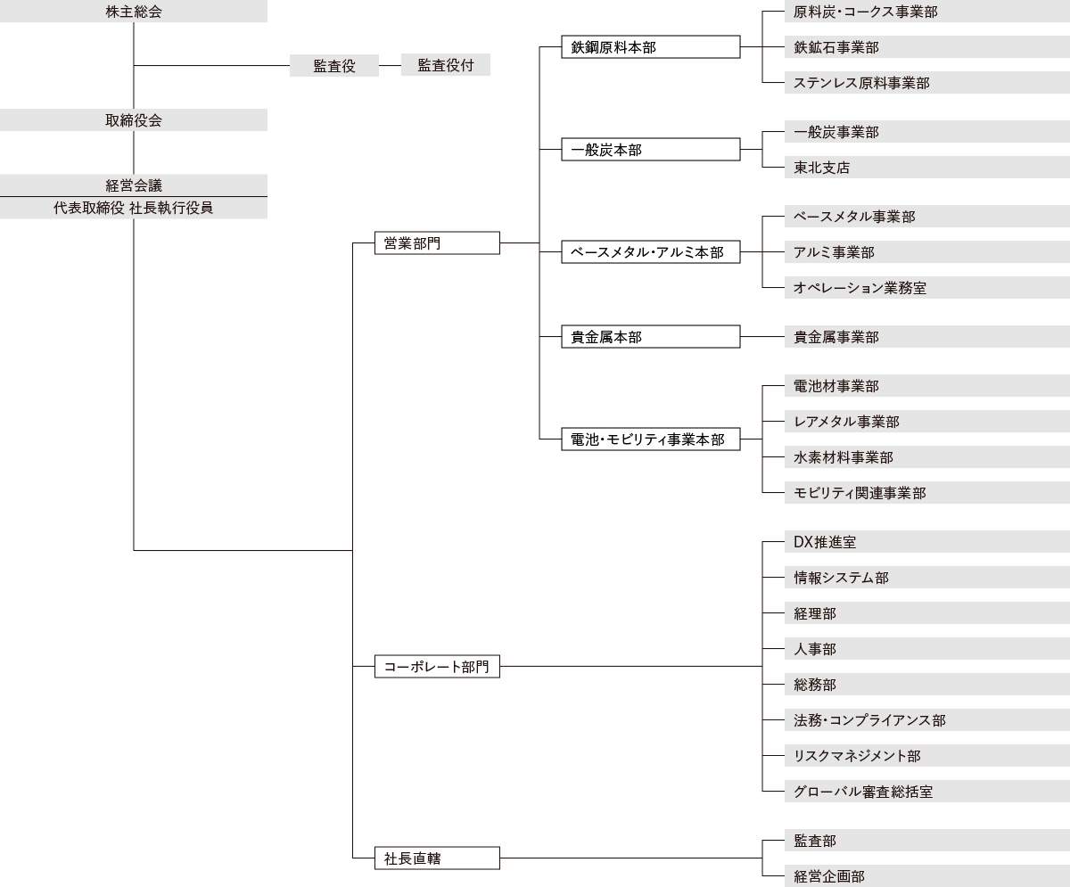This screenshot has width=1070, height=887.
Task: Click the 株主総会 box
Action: [x=134, y=12]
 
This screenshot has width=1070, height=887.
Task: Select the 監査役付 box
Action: [x=445, y=65]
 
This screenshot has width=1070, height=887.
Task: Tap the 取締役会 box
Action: [x=134, y=120]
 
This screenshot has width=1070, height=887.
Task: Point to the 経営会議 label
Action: [x=134, y=185]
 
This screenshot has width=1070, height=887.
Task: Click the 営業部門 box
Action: [x=437, y=242]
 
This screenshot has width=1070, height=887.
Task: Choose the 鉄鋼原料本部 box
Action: [x=650, y=47]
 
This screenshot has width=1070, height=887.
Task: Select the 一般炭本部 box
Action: [x=650, y=150]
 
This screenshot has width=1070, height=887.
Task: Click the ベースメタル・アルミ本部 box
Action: [x=650, y=252]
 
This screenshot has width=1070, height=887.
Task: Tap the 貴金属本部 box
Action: [x=650, y=337]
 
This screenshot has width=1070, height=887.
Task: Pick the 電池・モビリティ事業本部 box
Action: [x=650, y=439]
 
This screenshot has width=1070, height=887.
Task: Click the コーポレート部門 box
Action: [x=437, y=666]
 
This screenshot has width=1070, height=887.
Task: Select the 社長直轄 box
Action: [x=437, y=858]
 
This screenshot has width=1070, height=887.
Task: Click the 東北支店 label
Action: [x=822, y=168]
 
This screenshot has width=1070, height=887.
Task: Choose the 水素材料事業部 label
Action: [x=844, y=457]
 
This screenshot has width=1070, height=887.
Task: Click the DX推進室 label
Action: [x=825, y=542]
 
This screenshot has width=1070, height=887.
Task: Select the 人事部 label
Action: [x=815, y=649]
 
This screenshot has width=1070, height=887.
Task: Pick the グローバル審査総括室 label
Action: [x=863, y=792]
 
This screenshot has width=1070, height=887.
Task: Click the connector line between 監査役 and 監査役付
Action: [x=390, y=65]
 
